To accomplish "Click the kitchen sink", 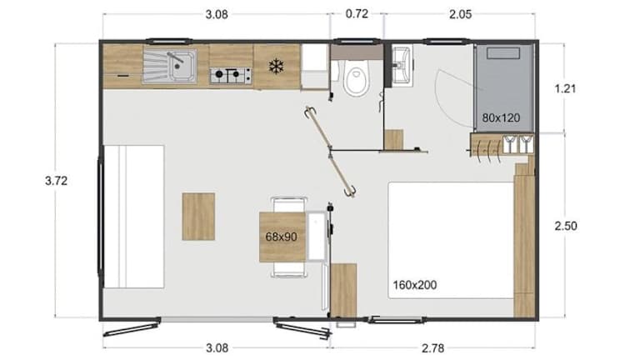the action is point(169,67).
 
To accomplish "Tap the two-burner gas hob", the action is point(231,75).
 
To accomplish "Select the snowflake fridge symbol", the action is point(277,66).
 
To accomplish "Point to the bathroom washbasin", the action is point(402,65).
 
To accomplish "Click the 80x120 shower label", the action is point(501,118).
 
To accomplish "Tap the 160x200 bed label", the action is point(415,284).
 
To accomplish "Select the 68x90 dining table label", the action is point(281,237).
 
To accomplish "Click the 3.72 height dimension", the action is point(57,181).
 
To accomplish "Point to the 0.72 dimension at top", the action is point(357,14).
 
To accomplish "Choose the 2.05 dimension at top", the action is point(460,14).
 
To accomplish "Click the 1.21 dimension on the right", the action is point(565,88).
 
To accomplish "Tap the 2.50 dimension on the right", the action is point(566,226).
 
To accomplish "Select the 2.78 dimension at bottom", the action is point(432,348).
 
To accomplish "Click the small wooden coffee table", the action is point(198,217).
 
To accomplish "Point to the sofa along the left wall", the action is point(134,217).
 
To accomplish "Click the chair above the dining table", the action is point(289,204).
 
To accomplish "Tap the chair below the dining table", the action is point(289,269).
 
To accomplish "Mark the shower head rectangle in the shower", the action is point(503,53).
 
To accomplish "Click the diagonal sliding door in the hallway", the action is point(330,152).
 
